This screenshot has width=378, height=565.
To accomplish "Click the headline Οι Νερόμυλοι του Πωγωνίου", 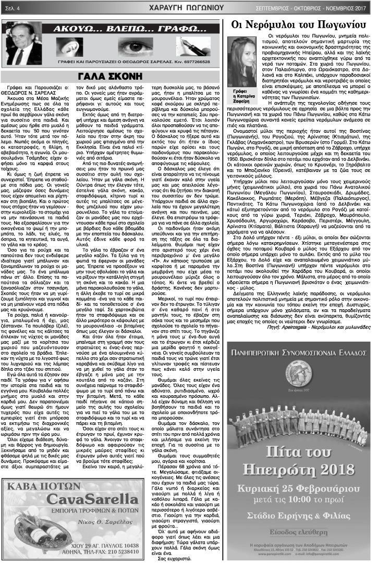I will point(297,24).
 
